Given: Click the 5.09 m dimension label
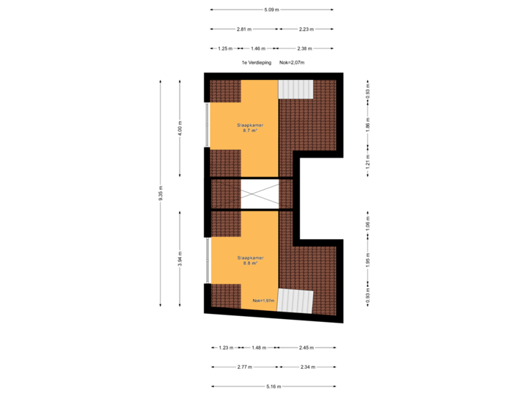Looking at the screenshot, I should click(x=271, y=10).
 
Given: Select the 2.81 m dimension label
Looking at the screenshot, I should click(x=243, y=29).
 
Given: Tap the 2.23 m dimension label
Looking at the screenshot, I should click(x=306, y=29).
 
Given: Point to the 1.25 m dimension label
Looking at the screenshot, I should click(x=225, y=48).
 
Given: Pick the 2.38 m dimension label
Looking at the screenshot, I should click(x=304, y=48).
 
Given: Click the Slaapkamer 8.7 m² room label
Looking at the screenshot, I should click(x=250, y=128).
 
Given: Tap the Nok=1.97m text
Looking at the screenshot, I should click(x=263, y=300).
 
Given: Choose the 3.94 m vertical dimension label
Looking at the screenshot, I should click(x=180, y=260).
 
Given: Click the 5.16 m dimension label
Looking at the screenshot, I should click(x=273, y=386).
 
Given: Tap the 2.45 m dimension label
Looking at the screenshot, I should click(x=306, y=348).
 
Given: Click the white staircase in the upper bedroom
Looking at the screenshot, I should click(x=296, y=89).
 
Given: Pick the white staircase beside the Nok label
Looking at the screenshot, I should click(x=295, y=301).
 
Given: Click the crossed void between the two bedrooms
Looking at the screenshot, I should click(x=260, y=194).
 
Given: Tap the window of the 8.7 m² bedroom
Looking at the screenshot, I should click(x=207, y=125).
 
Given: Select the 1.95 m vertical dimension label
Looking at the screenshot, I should click(x=367, y=261).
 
